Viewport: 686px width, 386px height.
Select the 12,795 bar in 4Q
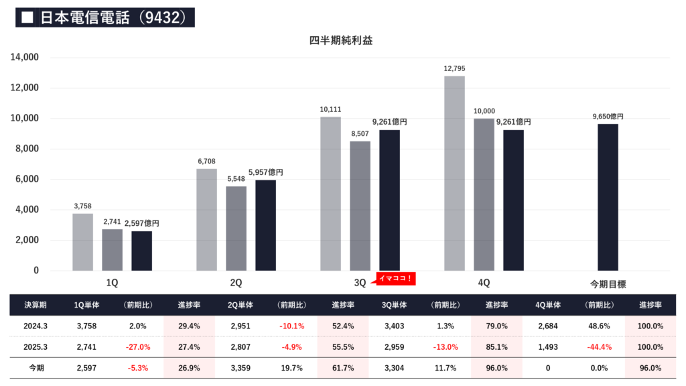pos(454,173)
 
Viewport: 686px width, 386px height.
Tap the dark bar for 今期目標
pos(608,197)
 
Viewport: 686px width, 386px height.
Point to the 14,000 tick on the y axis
pos(24,58)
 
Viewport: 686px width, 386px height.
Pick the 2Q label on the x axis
pos(236,283)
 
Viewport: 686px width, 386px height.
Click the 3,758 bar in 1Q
pos(82,242)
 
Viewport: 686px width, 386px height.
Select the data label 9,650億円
pos(608,117)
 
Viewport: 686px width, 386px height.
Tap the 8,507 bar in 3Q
pos(360,206)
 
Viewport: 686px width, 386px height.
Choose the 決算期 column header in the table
pos(36,305)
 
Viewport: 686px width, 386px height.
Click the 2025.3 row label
pos(36,346)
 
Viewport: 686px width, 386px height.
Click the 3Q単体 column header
pos(395,305)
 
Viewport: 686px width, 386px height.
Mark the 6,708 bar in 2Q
pos(206,219)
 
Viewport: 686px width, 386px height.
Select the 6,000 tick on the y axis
pos(26,180)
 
